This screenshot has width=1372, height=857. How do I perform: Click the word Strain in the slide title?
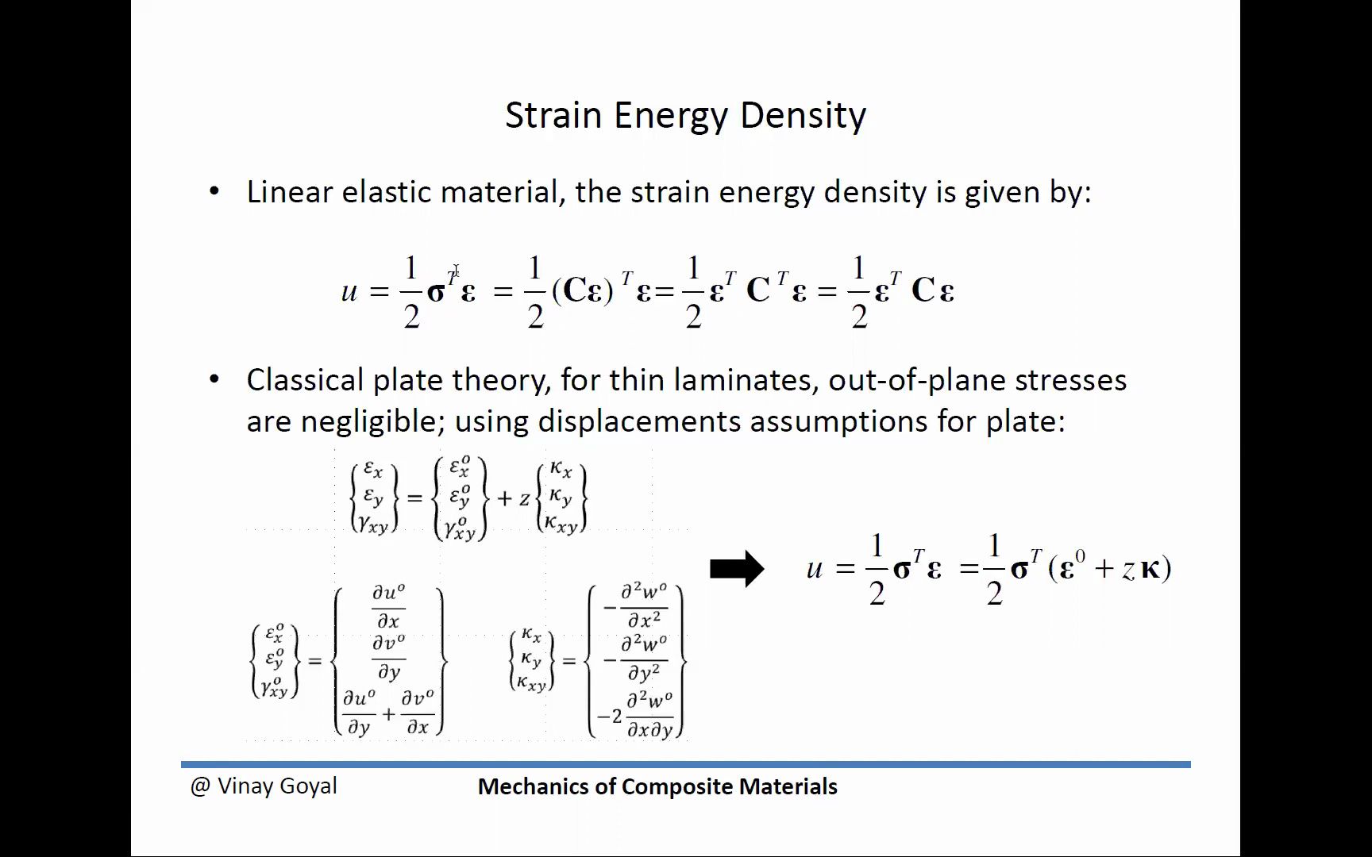pyautogui.click(x=553, y=115)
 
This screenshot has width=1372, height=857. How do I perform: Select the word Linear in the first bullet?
pyautogui.click(x=289, y=192)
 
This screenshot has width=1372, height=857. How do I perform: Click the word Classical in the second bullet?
pyautogui.click(x=305, y=380)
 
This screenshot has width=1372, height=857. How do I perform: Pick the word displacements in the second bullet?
pyautogui.click(x=639, y=421)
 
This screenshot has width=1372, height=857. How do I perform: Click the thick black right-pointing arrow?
pyautogui.click(x=737, y=568)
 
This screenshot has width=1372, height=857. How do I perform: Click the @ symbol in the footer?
pyautogui.click(x=200, y=786)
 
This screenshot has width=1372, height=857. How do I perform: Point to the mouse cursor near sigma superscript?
pyautogui.click(x=456, y=271)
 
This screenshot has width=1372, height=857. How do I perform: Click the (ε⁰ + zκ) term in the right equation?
pyautogui.click(x=1110, y=568)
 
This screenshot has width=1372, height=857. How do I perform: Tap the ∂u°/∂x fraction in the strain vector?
pyautogui.click(x=388, y=606)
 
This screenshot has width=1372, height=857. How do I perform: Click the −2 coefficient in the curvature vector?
pyautogui.click(x=610, y=717)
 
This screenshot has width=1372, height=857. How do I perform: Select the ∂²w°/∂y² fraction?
pyautogui.click(x=644, y=659)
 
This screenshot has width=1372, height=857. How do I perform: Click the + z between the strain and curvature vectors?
pyautogui.click(x=514, y=498)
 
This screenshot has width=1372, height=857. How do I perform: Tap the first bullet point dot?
pyautogui.click(x=214, y=191)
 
